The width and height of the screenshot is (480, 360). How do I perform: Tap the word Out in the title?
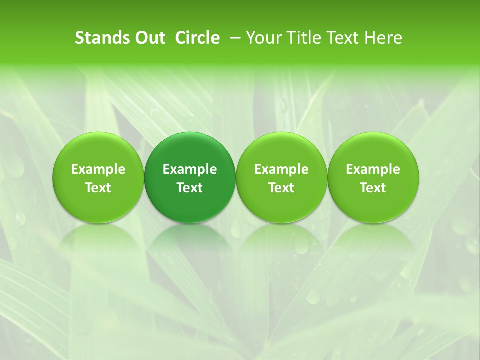(x=148, y=38)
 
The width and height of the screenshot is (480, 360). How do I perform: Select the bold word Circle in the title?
(x=197, y=38)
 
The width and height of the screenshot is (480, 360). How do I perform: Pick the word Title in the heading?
(x=301, y=38)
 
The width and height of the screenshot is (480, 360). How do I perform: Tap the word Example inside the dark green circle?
(x=190, y=169)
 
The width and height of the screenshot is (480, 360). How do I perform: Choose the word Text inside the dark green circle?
(x=190, y=188)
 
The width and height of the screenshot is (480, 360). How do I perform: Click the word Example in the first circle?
(x=98, y=169)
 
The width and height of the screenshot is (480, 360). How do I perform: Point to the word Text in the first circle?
(x=98, y=188)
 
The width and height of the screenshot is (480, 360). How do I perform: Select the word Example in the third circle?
(x=281, y=169)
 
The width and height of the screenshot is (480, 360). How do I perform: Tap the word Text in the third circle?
(x=281, y=188)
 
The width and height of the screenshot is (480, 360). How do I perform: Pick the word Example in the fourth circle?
(x=373, y=169)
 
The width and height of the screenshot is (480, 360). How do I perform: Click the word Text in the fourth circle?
(x=373, y=188)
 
